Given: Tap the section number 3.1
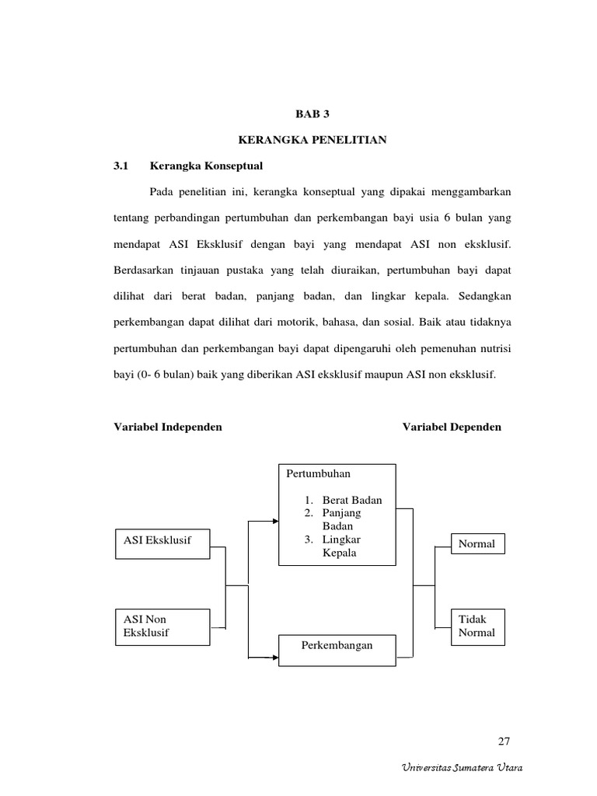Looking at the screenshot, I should (120, 166).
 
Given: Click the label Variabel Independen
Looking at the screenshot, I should (168, 427).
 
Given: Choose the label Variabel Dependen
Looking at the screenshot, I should (452, 427).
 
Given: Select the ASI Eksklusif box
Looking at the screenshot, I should (162, 540).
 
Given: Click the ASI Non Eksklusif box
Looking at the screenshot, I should (162, 626).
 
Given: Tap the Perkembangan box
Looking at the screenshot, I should (337, 646).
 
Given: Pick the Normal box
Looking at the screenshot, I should (477, 543).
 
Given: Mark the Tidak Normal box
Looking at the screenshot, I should (477, 626).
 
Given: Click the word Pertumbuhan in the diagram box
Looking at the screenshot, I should (319, 473).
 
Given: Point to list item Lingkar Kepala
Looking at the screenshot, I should (342, 546).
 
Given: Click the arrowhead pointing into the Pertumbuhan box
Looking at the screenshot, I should (274, 521).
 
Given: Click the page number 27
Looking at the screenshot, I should (504, 739).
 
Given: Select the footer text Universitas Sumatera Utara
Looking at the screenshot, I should (462, 768).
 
